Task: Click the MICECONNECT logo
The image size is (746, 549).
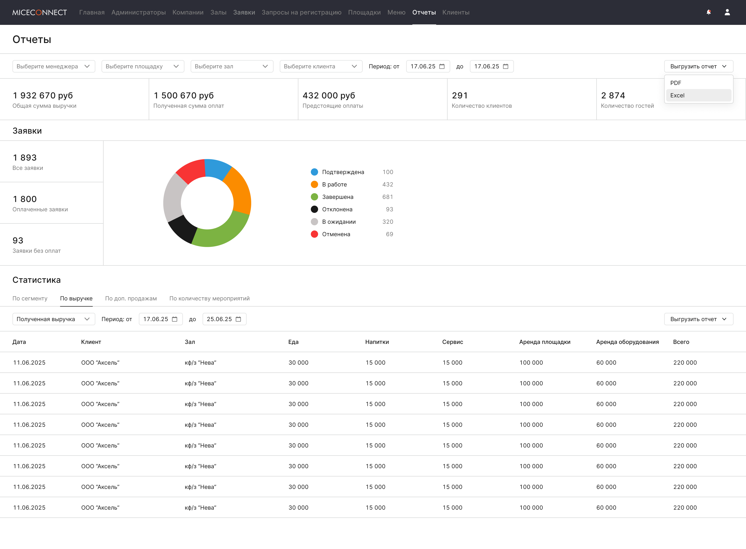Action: click(40, 12)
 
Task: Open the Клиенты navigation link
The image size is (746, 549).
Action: click(456, 12)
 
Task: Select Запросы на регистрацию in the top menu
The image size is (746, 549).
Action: click(302, 12)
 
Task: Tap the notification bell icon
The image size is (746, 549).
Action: click(709, 12)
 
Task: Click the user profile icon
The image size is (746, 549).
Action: click(727, 12)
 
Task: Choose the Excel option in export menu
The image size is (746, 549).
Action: click(698, 95)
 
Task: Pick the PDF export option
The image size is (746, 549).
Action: click(698, 83)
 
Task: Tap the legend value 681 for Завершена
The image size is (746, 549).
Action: click(388, 197)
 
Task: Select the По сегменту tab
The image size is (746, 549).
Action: click(30, 298)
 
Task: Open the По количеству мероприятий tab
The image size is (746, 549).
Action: click(210, 298)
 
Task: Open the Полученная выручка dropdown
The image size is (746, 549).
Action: click(54, 319)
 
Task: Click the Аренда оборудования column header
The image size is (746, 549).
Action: click(627, 342)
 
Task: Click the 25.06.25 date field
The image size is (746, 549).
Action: click(224, 319)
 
